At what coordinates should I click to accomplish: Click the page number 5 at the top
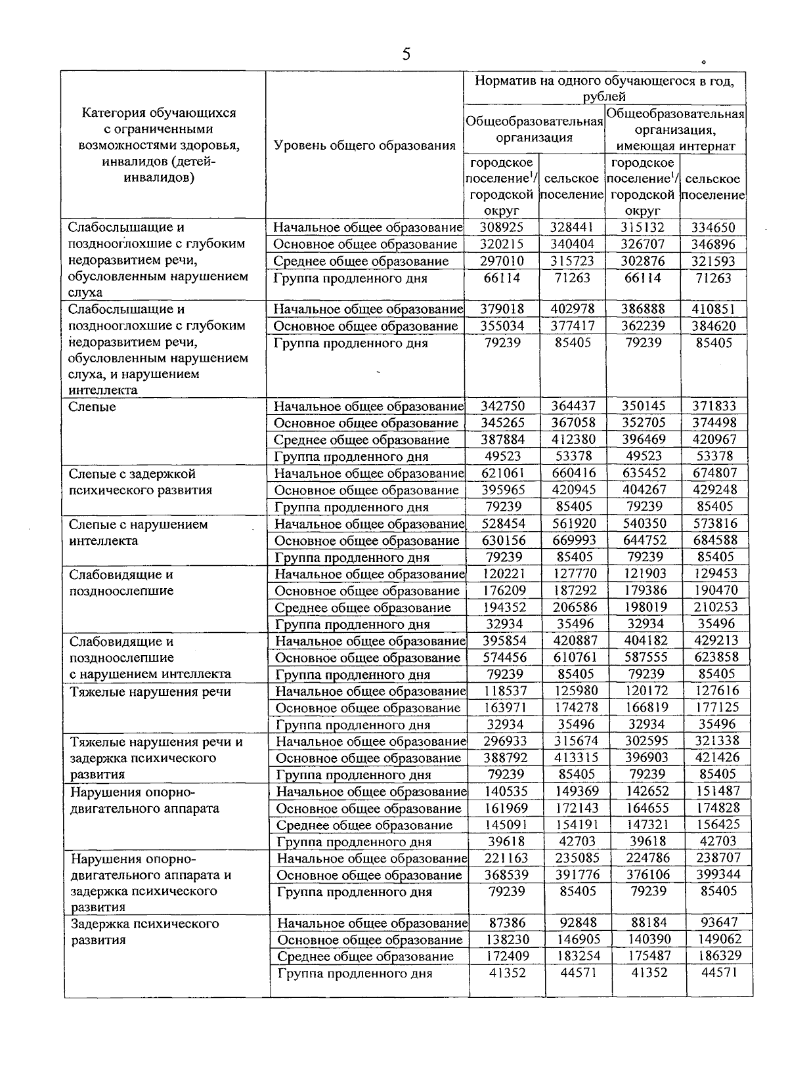pos(406,54)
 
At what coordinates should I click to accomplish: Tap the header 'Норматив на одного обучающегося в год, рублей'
pos(604,88)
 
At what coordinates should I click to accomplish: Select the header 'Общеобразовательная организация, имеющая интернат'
pos(675,129)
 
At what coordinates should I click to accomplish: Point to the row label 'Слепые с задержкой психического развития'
pos(141,482)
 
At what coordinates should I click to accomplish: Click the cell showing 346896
pos(715,244)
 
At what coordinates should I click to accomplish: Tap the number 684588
pos(715,540)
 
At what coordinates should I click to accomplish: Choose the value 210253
pos(716,607)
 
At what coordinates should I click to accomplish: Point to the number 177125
pos(716,707)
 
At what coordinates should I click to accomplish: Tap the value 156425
pos(716,825)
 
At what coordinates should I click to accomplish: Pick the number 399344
pos(716,874)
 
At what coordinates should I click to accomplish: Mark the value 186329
pos(716,956)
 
